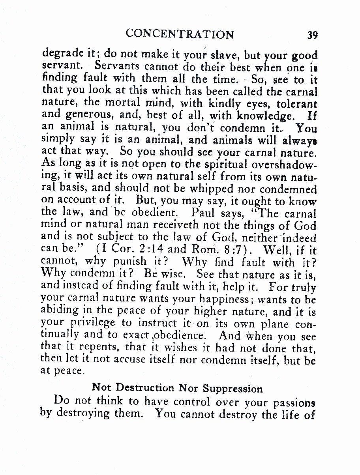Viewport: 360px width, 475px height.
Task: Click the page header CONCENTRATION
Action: [x=180, y=34]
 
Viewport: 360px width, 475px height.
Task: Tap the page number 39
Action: [x=312, y=35]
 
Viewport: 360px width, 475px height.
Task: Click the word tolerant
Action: [x=297, y=104]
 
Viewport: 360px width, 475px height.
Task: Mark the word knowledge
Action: [x=266, y=116]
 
